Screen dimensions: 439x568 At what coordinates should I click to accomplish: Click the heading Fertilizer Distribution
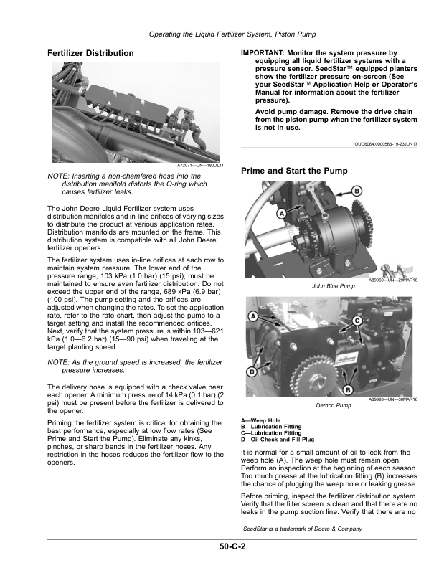pos(90,53)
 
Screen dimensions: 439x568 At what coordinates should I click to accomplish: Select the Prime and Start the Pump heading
pos(294,171)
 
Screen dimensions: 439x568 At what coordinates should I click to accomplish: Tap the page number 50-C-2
pos(232,546)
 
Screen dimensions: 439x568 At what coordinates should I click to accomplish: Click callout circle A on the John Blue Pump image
pos(281,214)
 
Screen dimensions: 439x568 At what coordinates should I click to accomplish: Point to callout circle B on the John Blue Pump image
pos(357,191)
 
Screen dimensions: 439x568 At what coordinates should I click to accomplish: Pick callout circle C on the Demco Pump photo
pos(357,321)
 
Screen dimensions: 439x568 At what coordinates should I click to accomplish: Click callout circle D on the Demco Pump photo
pos(251,371)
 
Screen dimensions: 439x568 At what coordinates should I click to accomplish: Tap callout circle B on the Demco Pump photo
pos(348,390)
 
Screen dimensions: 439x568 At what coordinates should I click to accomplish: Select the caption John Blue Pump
pos(334,286)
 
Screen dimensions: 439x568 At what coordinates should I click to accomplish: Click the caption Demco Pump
pos(334,406)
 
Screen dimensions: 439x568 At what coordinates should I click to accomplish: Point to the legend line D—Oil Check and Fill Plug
pos(278,440)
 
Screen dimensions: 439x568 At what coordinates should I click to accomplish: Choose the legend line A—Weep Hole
pos(260,420)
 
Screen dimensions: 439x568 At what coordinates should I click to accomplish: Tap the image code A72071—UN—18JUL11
pos(200,166)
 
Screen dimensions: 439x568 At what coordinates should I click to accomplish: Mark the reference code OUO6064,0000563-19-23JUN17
pos(386,144)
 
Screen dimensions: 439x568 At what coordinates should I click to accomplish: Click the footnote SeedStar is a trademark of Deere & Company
pos(303,529)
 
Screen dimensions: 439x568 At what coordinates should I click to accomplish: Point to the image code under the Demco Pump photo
pos(393,399)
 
